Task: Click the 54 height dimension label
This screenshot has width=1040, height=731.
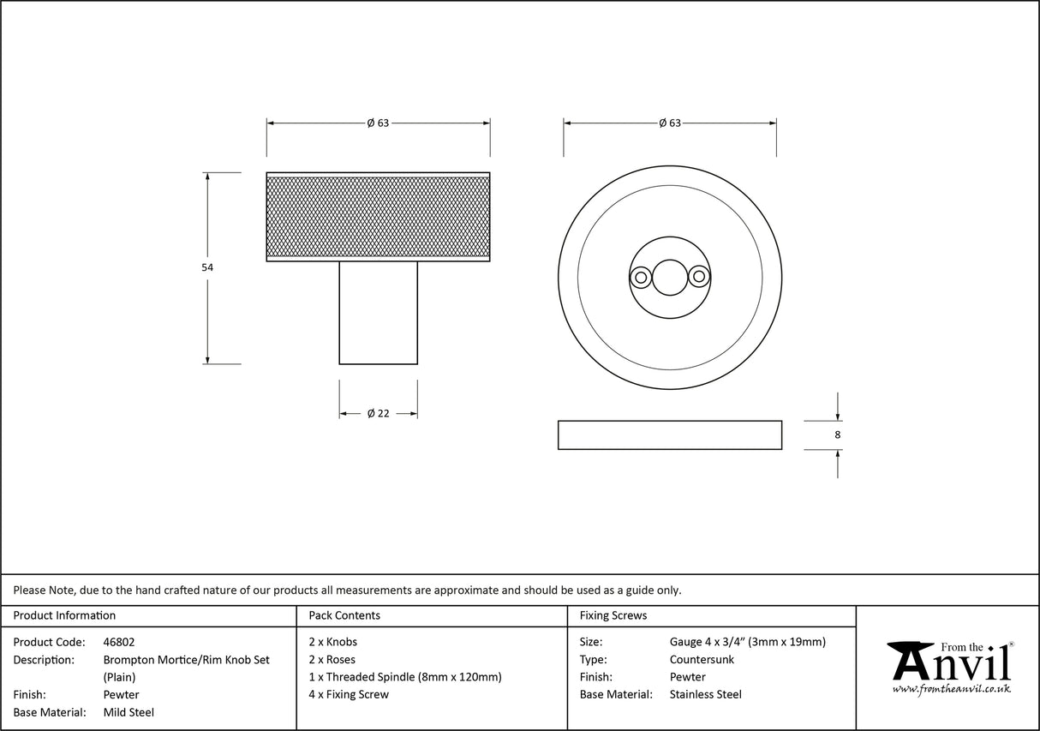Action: tap(207, 267)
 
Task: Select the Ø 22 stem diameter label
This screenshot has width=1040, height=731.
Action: tap(378, 413)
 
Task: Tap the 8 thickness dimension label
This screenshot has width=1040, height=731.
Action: tap(837, 435)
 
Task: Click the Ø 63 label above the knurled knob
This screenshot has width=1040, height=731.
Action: tap(378, 123)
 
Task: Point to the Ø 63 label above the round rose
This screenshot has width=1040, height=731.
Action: tap(670, 123)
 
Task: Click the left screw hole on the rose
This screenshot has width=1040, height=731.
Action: tap(639, 277)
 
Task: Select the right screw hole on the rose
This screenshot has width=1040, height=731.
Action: tap(700, 277)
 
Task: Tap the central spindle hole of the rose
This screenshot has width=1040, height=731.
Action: tap(669, 277)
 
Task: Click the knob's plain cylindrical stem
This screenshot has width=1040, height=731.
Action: tap(378, 313)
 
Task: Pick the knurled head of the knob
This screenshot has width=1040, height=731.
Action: tap(378, 216)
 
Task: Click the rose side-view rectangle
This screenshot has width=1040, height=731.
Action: tap(669, 434)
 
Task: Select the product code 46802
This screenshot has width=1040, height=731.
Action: tap(119, 642)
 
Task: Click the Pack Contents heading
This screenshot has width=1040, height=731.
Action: tap(344, 615)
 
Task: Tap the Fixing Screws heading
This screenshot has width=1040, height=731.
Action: tap(613, 615)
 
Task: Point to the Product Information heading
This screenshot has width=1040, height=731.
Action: tap(64, 615)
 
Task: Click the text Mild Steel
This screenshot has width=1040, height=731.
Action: tap(129, 712)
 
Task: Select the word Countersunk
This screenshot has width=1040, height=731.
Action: tap(702, 660)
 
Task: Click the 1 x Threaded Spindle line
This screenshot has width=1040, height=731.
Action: tap(405, 677)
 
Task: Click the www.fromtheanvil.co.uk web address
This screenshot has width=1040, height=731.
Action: tap(951, 689)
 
